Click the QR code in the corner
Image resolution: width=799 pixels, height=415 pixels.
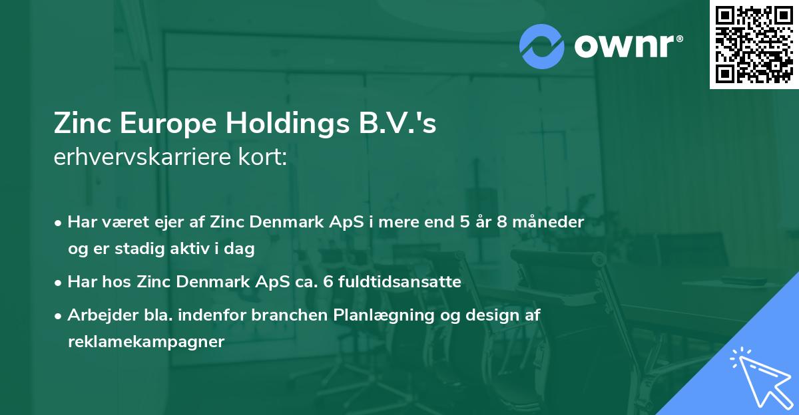click(754, 44)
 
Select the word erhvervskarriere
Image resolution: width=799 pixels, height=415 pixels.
click(142, 159)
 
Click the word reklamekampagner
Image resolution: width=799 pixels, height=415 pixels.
click(146, 342)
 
